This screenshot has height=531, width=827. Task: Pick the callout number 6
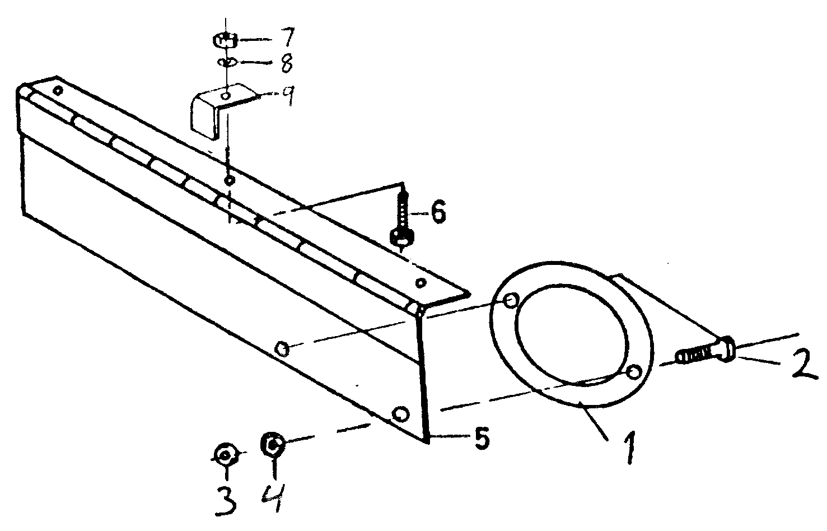tap(438, 212)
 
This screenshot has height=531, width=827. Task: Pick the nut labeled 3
tap(226, 455)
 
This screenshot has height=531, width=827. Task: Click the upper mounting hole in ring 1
tap(512, 301)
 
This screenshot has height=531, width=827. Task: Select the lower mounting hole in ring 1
tap(634, 372)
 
